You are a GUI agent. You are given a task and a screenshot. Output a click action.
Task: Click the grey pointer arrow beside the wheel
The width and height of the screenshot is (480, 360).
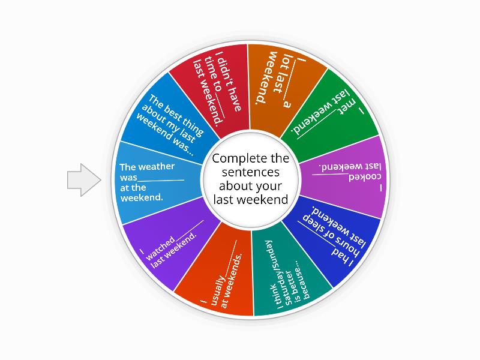[84, 180]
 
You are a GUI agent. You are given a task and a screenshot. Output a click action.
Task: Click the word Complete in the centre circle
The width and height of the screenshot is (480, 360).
[235, 158]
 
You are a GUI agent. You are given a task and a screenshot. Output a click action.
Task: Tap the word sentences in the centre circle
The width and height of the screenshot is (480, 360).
[250, 172]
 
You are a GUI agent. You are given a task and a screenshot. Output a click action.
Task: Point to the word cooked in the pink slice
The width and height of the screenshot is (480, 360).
[365, 178]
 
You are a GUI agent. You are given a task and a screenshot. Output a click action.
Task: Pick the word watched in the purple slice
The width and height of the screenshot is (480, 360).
[160, 248]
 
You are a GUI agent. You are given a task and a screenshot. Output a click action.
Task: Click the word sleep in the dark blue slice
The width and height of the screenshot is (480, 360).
[317, 221]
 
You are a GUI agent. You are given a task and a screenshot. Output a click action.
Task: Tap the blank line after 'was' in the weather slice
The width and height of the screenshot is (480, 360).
[161, 181]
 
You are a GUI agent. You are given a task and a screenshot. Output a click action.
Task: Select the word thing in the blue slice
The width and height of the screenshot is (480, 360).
[193, 126]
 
